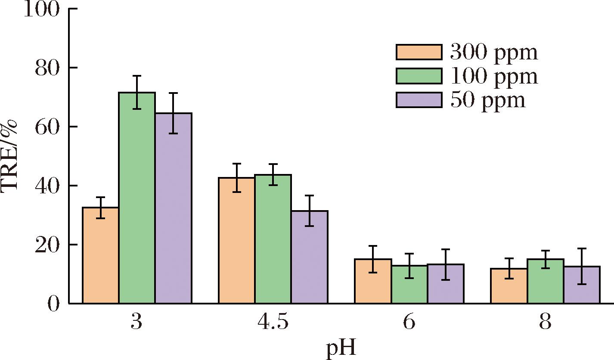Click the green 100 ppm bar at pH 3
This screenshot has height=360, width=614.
coord(137,198)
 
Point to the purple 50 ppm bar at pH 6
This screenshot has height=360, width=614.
coord(446,284)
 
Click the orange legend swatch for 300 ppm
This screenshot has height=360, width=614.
coord(419,52)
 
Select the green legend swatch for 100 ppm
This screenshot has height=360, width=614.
coord(419,76)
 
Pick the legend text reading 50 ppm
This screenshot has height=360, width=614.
coord(488,100)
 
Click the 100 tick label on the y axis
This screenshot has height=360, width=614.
coord(41,9)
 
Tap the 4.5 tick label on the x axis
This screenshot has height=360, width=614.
coord(273,323)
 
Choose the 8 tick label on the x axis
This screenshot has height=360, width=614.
coord(545,323)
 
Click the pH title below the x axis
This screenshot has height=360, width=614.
coord(341,348)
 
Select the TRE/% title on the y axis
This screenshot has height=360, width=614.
coord(9,156)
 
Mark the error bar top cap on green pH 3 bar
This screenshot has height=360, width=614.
coord(137,76)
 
